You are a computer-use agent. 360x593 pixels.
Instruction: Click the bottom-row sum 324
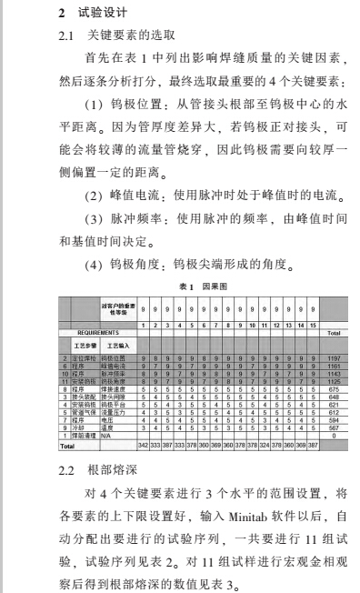[265, 447]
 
